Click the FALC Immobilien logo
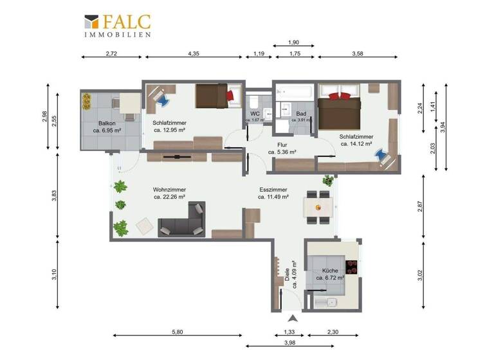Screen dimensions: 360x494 coord(118,25)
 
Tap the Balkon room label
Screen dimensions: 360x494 coord(107,123)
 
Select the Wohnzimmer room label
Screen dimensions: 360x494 coord(170,190)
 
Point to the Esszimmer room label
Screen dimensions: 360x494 coord(273,190)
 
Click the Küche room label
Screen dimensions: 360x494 coord(329,271)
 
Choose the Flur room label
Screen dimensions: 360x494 coord(282,145)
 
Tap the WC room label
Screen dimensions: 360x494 coord(255,114)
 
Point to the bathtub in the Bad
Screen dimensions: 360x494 coord(296,93)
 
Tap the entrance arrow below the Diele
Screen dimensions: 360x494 coord(293,319)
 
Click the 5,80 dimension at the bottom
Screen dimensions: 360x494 coord(178,332)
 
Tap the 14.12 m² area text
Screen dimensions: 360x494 coord(357,144)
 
